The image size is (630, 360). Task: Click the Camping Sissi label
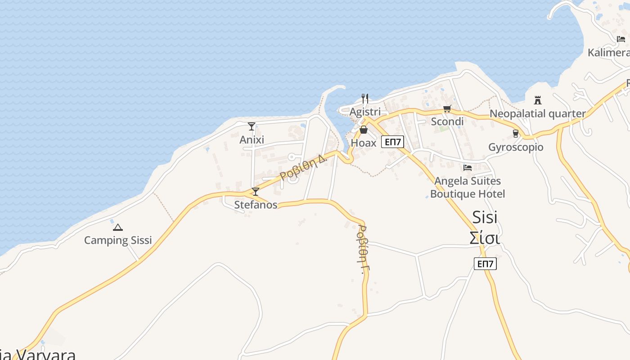pos(118,240)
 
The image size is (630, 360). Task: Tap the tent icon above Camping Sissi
pos(118,228)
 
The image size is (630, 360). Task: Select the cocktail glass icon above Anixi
pos(252,126)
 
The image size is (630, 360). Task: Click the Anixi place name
pos(252,139)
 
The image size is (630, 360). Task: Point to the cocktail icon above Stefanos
pos(256,192)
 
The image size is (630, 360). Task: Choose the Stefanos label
pos(256,205)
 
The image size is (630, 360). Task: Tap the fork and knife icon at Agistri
pos(365,99)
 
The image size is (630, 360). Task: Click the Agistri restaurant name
pos(365,112)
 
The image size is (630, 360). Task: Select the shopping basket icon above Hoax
pos(363,130)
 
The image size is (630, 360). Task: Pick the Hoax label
pos(363,143)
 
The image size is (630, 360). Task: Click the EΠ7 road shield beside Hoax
pos(392,142)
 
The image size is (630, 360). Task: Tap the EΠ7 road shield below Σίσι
pos(485,264)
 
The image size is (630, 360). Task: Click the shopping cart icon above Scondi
pos(447,108)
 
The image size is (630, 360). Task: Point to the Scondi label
pos(447,121)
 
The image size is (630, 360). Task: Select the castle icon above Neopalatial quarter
pos(537,100)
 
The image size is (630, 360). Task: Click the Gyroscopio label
pos(516,147)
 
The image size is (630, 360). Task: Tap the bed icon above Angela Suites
pos(468,168)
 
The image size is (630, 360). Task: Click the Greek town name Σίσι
pos(484,238)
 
